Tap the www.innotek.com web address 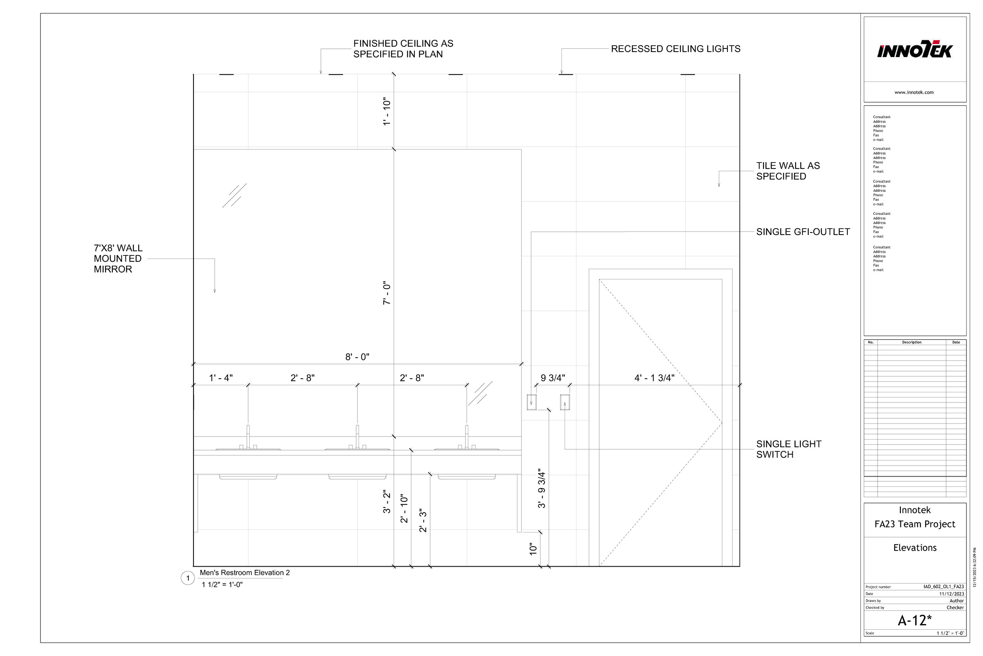pyautogui.click(x=914, y=92)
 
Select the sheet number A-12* pyautogui.click(x=915, y=620)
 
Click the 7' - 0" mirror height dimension pyautogui.click(x=387, y=293)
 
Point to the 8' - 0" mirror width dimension pyautogui.click(x=357, y=357)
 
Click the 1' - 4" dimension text pyautogui.click(x=221, y=378)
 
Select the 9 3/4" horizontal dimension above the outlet pyautogui.click(x=552, y=378)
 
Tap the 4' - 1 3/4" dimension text pyautogui.click(x=654, y=378)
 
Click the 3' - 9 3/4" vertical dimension pyautogui.click(x=542, y=489)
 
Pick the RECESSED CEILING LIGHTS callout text pyautogui.click(x=676, y=49)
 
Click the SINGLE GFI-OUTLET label pyautogui.click(x=803, y=232)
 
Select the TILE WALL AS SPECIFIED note pyautogui.click(x=788, y=171)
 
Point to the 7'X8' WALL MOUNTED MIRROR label pyautogui.click(x=118, y=259)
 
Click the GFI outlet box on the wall pyautogui.click(x=531, y=402)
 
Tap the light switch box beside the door pyautogui.click(x=565, y=402)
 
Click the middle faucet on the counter pyautogui.click(x=357, y=437)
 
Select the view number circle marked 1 pyautogui.click(x=188, y=578)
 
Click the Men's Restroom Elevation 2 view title pyautogui.click(x=245, y=573)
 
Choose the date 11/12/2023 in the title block pyautogui.click(x=951, y=594)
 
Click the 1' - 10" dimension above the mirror pyautogui.click(x=387, y=112)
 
